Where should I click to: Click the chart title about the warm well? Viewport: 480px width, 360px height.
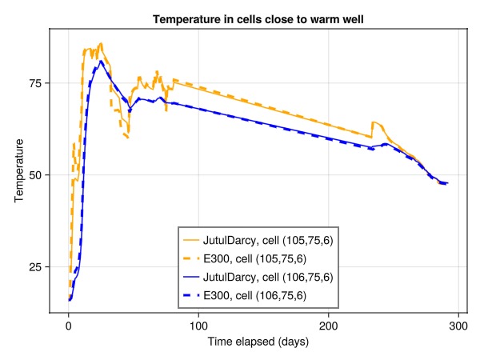coord(258,19)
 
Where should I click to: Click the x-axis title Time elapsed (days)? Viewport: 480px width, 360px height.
coord(258,342)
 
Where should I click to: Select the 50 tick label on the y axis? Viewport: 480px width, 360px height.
coord(35,175)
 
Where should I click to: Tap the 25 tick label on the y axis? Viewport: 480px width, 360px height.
coord(35,267)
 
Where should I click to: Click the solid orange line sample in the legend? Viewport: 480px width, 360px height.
coord(192,239)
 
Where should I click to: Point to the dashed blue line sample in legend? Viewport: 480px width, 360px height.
coord(192,296)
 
